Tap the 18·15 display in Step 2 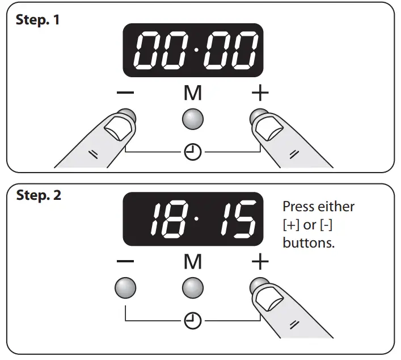(x=193, y=219)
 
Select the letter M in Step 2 (x=193, y=262)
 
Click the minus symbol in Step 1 (x=126, y=94)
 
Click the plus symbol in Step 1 (x=260, y=94)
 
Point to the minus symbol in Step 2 (x=126, y=262)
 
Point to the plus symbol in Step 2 (x=260, y=262)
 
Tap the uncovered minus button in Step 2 (x=125, y=288)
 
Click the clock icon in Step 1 (x=193, y=152)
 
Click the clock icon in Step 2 (x=193, y=321)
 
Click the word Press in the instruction (x=298, y=207)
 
